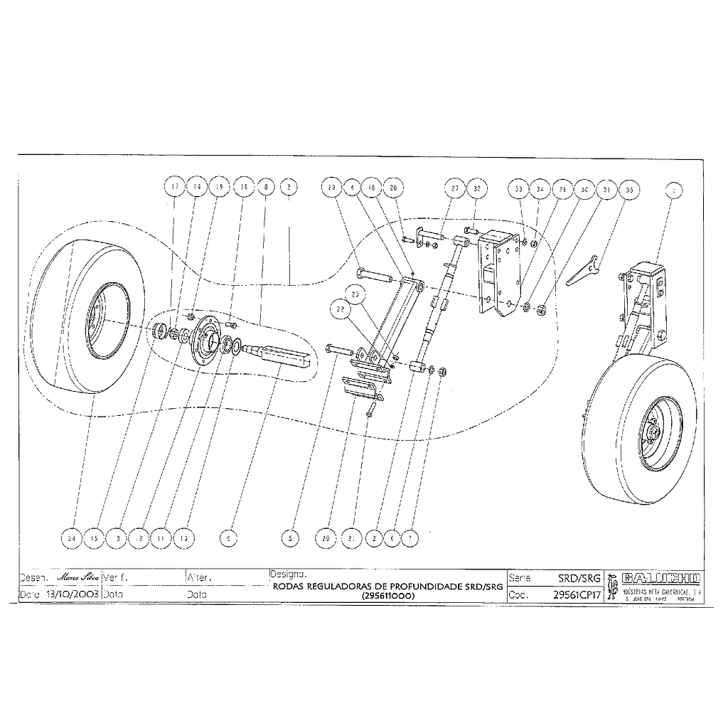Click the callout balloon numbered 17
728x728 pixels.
click(174, 188)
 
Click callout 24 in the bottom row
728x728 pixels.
click(71, 540)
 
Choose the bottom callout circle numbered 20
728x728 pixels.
click(327, 540)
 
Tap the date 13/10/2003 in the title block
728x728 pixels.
click(72, 593)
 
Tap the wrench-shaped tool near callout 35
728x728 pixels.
click(584, 269)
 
